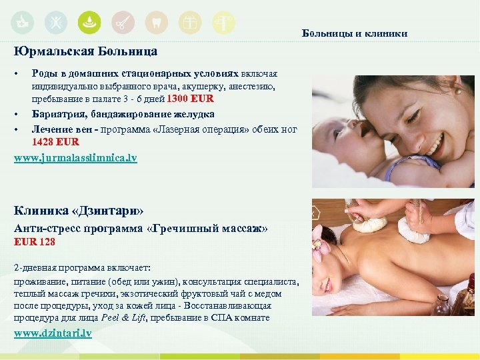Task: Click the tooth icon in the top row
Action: coord(157,23)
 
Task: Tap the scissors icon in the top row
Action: coord(123,23)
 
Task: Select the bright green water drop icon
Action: coord(89,23)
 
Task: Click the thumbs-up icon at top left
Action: coord(21,23)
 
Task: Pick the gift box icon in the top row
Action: coord(190,23)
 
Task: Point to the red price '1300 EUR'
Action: coord(190,99)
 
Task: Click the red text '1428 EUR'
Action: coord(55,141)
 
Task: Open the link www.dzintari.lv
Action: coord(53,333)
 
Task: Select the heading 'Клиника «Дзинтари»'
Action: coord(79,211)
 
